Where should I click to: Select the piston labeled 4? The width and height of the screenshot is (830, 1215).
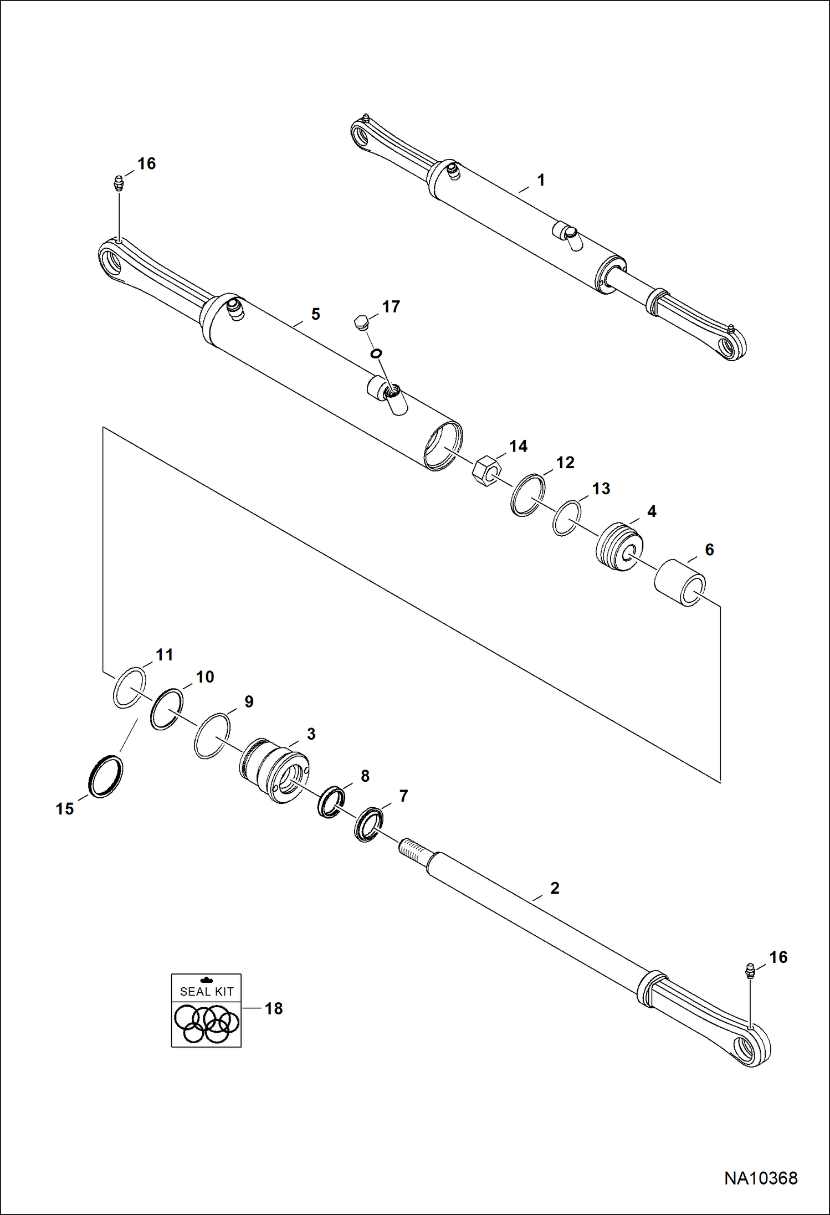click(x=619, y=547)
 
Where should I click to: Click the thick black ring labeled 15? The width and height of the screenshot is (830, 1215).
click(x=106, y=776)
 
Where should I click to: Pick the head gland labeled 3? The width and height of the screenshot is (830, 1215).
click(x=274, y=770)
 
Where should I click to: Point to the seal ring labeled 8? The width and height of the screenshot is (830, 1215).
click(x=331, y=801)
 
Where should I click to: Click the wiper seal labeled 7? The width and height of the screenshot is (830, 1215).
click(x=367, y=825)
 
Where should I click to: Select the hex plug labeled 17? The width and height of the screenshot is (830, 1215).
click(x=361, y=322)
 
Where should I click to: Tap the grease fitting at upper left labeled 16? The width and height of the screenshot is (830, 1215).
click(x=118, y=183)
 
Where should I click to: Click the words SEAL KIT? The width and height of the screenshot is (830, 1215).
click(x=207, y=991)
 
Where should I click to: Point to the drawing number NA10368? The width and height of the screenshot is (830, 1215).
click(x=761, y=1178)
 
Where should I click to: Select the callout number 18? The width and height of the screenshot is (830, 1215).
click(x=274, y=1008)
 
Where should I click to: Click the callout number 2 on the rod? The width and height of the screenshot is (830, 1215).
click(x=555, y=888)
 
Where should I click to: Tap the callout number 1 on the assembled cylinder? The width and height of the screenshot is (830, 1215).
click(x=541, y=180)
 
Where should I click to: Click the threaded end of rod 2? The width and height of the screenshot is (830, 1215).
click(x=413, y=848)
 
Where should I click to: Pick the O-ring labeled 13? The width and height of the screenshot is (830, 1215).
click(x=567, y=518)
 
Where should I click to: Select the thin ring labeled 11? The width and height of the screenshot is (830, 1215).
click(x=130, y=688)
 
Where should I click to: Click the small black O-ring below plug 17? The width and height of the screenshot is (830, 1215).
click(x=376, y=353)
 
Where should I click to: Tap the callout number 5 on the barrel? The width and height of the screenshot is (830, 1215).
click(x=315, y=314)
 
